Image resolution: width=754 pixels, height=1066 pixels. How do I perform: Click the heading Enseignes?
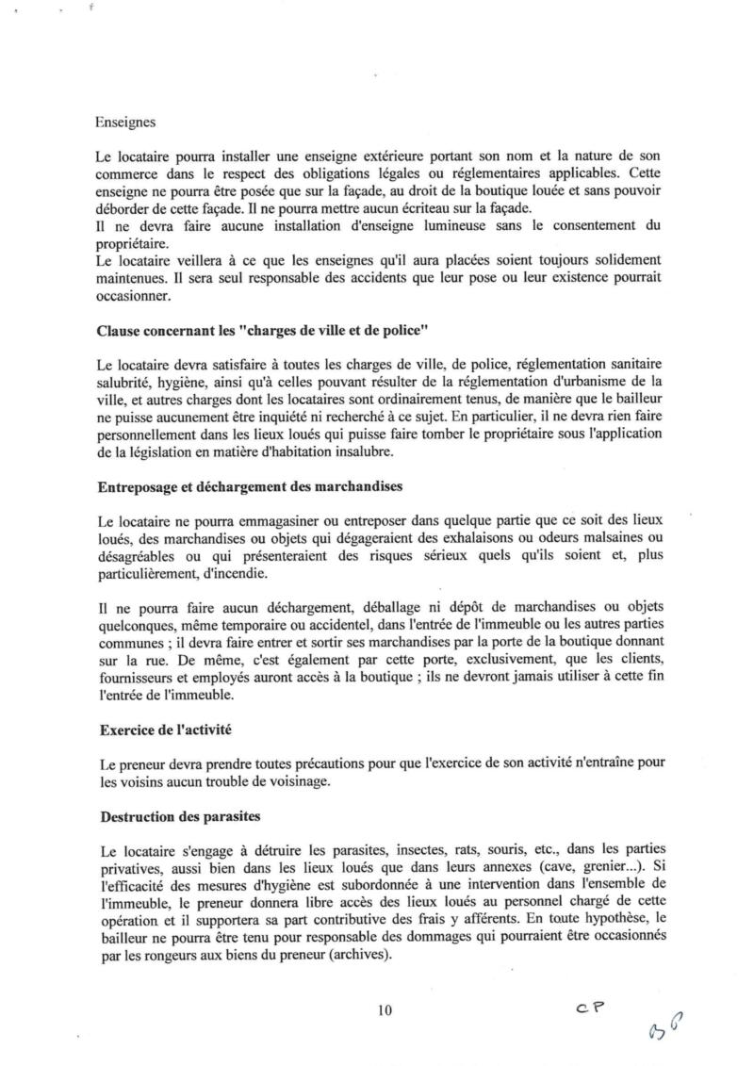pyautogui.click(x=125, y=122)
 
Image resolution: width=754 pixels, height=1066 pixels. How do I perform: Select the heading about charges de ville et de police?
pyautogui.click(x=250, y=331)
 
